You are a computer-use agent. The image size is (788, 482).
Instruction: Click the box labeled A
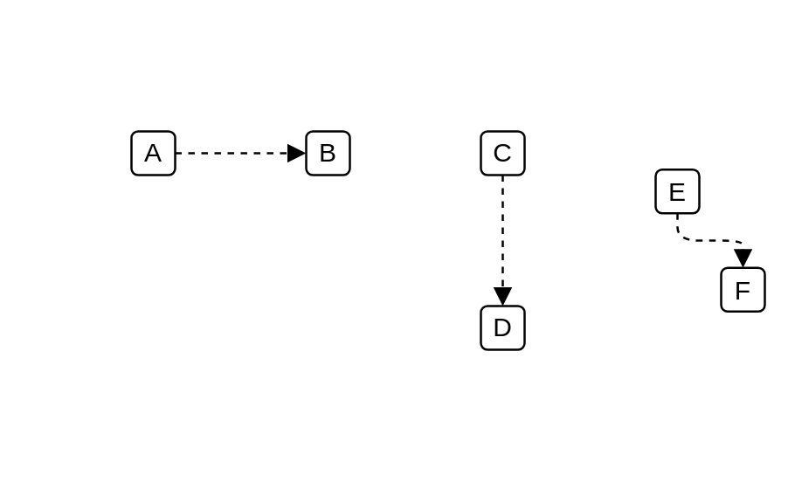click(153, 153)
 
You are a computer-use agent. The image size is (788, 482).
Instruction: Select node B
click(328, 153)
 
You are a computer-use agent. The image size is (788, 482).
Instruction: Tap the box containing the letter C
click(502, 153)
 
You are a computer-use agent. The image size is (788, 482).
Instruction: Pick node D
click(502, 327)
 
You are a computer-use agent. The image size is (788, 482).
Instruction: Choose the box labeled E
click(677, 191)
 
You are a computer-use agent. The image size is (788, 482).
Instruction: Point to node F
click(743, 290)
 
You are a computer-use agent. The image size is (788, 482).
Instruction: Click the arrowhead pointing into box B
click(296, 153)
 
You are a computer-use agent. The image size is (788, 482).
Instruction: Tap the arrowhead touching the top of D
click(502, 296)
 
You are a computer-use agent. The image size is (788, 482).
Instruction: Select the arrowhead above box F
click(743, 258)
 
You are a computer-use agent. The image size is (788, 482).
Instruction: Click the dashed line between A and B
click(232, 153)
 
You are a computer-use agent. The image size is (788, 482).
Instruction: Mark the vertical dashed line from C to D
click(502, 231)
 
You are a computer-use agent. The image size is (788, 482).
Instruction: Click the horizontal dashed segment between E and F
click(710, 240)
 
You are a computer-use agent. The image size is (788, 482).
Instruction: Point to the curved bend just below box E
click(680, 235)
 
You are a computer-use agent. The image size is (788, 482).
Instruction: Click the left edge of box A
click(131, 153)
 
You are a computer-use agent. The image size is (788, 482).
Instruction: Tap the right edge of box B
click(350, 153)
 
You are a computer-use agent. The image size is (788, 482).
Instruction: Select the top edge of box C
click(502, 131)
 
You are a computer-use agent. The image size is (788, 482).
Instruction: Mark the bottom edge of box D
click(502, 350)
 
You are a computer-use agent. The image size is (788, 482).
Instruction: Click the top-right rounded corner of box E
click(697, 171)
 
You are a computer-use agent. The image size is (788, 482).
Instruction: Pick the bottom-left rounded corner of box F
click(722, 310)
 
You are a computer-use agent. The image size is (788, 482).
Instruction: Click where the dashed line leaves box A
click(176, 153)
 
